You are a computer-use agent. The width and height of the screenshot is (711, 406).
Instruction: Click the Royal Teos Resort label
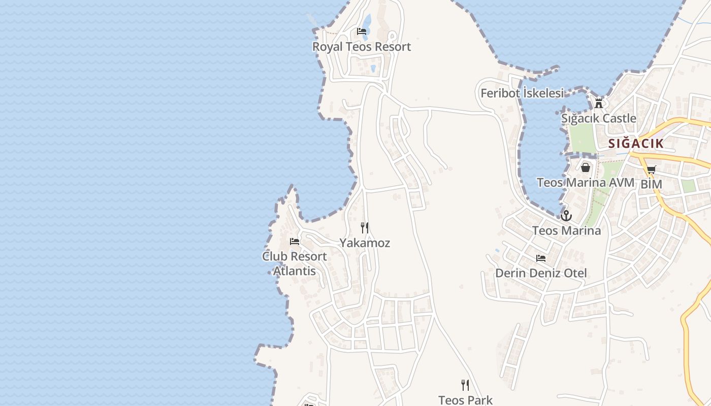pos(361,47)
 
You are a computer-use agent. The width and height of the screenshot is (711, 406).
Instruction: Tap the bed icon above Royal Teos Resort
pos(362,31)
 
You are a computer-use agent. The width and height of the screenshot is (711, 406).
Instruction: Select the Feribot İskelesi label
pos(522,93)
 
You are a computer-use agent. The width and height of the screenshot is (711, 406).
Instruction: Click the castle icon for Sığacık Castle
pos(599,103)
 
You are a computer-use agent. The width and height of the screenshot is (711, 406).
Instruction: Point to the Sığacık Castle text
pos(598,118)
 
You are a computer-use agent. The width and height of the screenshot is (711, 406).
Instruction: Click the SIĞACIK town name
pos(636,143)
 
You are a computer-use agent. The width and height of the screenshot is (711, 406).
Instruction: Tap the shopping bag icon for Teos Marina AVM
pos(586,167)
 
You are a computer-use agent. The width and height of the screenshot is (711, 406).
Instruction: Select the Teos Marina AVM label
pos(586,182)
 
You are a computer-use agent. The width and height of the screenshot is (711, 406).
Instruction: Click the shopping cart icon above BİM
pos(651,170)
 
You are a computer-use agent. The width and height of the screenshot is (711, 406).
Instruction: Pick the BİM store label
pos(651,184)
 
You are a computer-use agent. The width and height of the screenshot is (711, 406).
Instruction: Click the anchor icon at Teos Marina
pos(566,216)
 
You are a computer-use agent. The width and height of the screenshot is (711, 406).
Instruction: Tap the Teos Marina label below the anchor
pos(566,230)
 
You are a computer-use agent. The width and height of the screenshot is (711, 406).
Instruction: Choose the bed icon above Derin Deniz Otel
pos(541,258)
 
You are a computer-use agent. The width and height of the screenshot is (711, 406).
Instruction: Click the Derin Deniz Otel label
pos(541,273)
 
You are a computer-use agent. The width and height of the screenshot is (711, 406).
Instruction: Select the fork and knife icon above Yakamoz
pos(365,227)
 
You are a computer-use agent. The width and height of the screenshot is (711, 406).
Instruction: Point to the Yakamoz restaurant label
pos(365,243)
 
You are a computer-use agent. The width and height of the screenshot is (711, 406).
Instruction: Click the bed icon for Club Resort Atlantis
pos(295,242)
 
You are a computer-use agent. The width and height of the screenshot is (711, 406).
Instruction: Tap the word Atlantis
pos(295,271)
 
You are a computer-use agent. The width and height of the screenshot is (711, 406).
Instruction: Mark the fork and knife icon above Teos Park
pos(465,385)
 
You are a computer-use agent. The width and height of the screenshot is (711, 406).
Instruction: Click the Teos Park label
pos(465,400)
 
